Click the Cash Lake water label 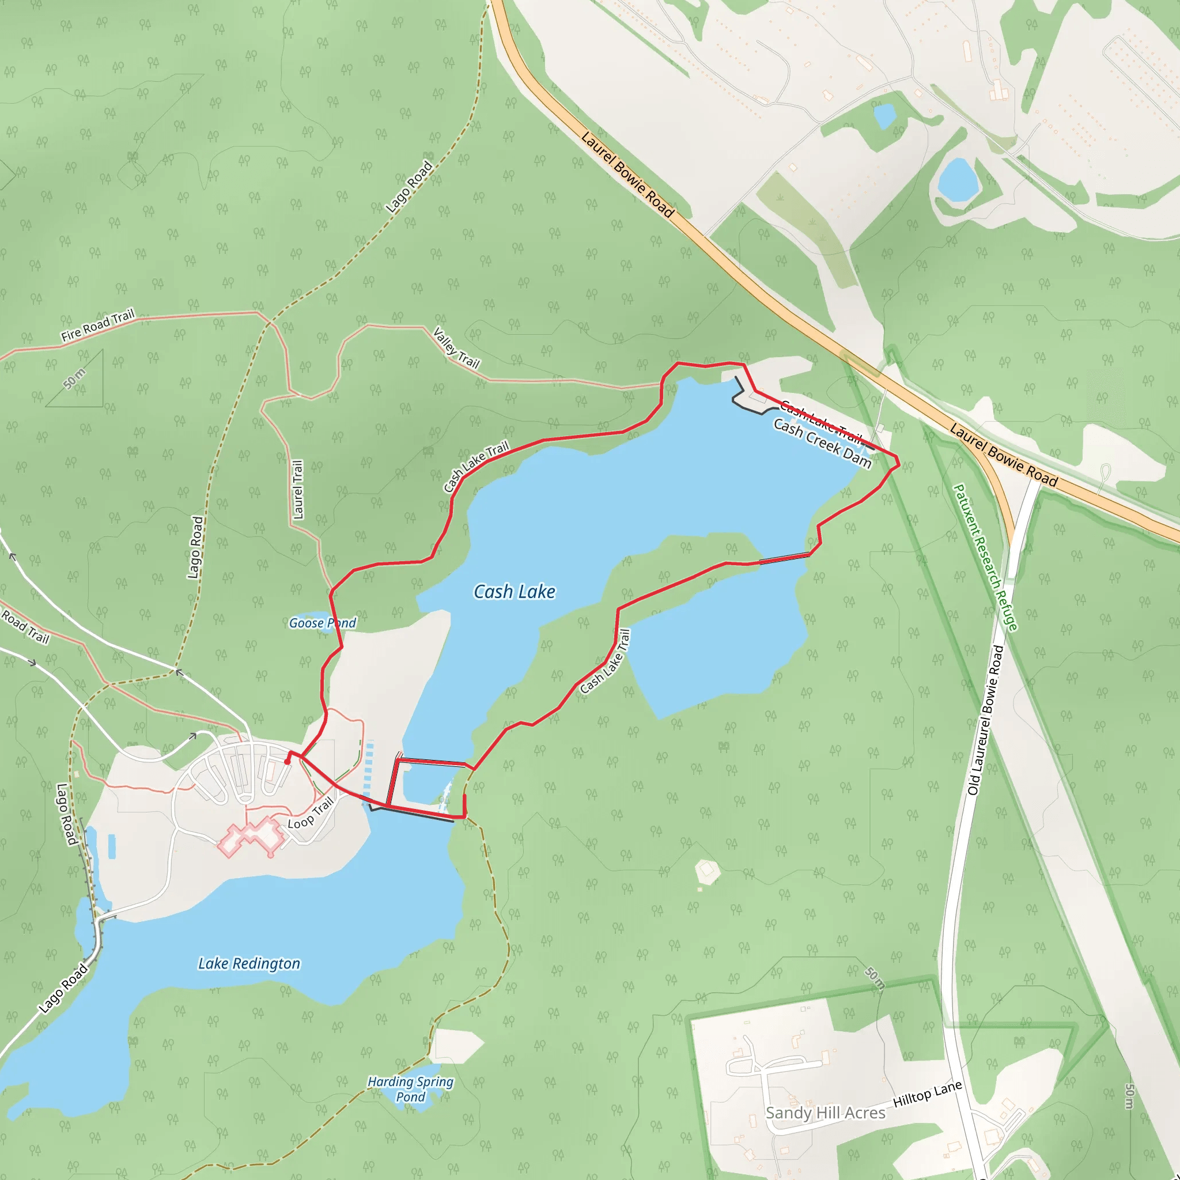515,592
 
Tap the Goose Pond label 322,623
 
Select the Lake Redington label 249,963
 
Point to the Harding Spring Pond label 410,1089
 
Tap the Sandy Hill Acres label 825,1113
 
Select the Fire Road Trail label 98,326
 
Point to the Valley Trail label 456,348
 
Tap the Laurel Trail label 297,490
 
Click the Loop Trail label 311,814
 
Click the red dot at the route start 287,762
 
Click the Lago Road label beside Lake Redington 63,988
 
